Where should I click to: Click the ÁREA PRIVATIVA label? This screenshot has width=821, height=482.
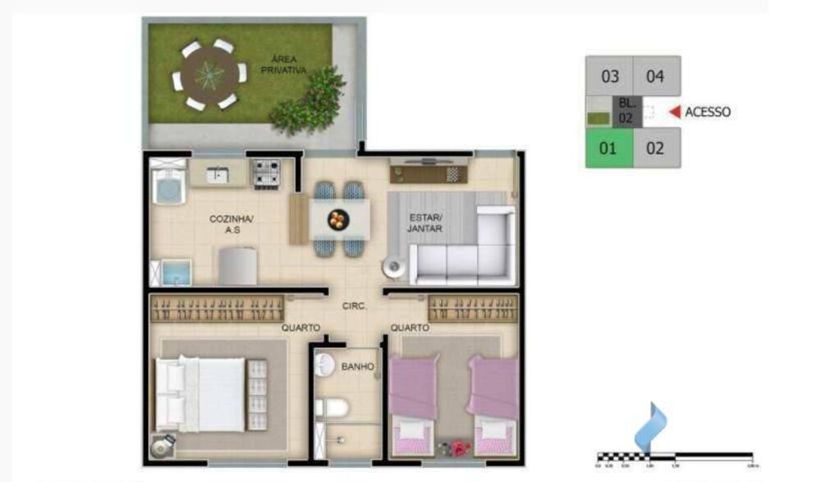pyautogui.click(x=283, y=64)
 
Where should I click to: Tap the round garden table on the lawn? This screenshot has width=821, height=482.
pyautogui.click(x=209, y=76)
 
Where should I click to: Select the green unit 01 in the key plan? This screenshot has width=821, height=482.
pyautogui.click(x=608, y=149)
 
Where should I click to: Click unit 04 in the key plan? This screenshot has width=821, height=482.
pyautogui.click(x=655, y=77)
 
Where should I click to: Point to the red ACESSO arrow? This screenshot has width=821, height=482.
pyautogui.click(x=675, y=112)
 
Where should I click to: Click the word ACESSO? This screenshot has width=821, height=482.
pyautogui.click(x=707, y=112)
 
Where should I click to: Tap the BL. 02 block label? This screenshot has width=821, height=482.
pyautogui.click(x=626, y=111)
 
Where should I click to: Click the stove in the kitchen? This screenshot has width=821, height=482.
pyautogui.click(x=265, y=174)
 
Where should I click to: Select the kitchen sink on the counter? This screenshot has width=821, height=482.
pyautogui.click(x=218, y=173)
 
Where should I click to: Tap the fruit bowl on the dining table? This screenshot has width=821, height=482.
pyautogui.click(x=337, y=219)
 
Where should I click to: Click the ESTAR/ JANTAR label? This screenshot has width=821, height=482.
pyautogui.click(x=425, y=223)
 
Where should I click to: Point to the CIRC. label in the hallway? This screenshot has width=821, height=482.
pyautogui.click(x=354, y=307)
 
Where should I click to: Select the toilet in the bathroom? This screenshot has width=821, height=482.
pyautogui.click(x=335, y=406)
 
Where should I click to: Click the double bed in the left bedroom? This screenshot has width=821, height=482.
pyautogui.click(x=211, y=394)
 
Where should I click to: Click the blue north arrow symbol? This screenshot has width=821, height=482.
pyautogui.click(x=651, y=425)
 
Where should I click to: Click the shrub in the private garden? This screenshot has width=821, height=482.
pyautogui.click(x=310, y=101)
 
